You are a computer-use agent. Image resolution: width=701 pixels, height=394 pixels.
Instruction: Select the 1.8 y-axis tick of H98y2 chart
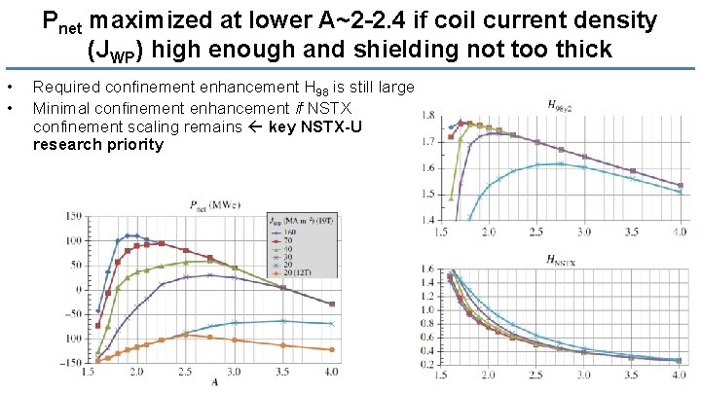[x=428, y=116]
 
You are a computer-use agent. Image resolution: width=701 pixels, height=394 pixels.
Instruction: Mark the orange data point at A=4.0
[x=332, y=349]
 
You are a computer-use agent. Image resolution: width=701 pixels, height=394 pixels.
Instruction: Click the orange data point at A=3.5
[x=283, y=345]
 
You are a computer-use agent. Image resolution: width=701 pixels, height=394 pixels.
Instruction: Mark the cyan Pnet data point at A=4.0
[x=332, y=323]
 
